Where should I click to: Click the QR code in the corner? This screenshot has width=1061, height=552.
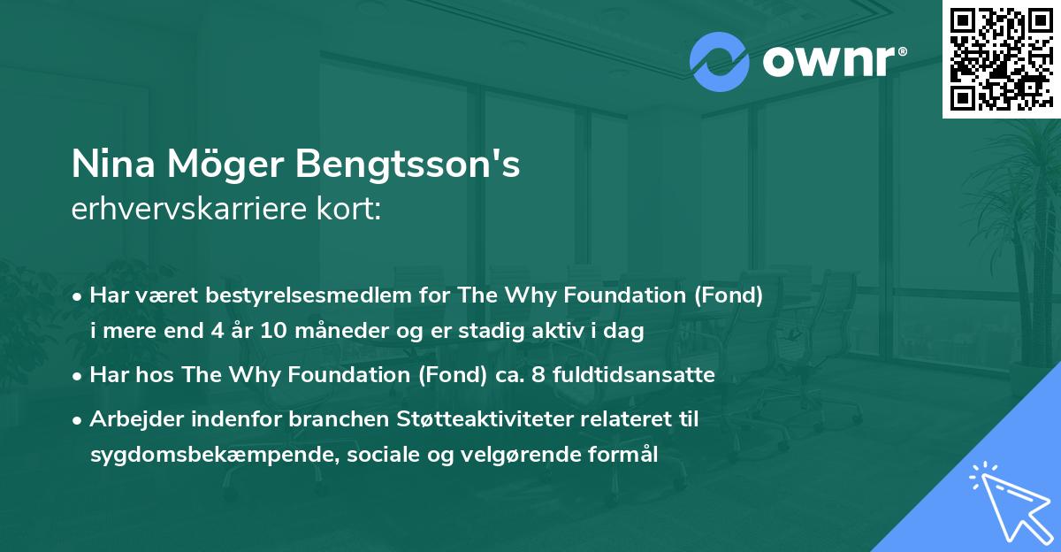click(1001, 59)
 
